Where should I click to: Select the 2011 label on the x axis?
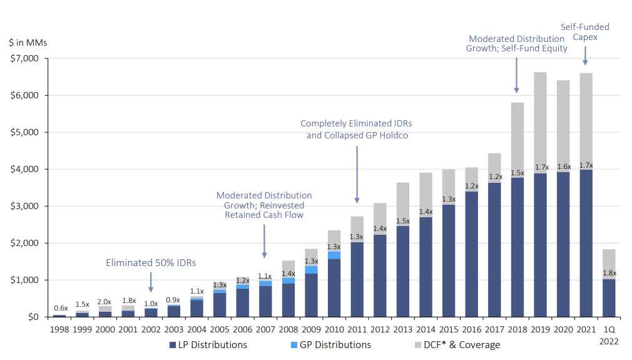pos(357,329)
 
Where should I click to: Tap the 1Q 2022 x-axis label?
pos(609,335)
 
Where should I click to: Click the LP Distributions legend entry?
pos(208,345)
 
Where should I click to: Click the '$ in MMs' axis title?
pos(28,43)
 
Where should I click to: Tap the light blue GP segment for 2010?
pos(334,255)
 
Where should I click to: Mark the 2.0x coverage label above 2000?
pos(104,302)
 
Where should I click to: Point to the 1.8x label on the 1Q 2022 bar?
pos(609,273)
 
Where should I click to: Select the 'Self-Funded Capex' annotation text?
pos(585,32)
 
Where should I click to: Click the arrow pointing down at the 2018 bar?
pos(517,75)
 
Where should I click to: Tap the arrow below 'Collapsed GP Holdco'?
pos(357,175)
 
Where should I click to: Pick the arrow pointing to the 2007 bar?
pos(265,241)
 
